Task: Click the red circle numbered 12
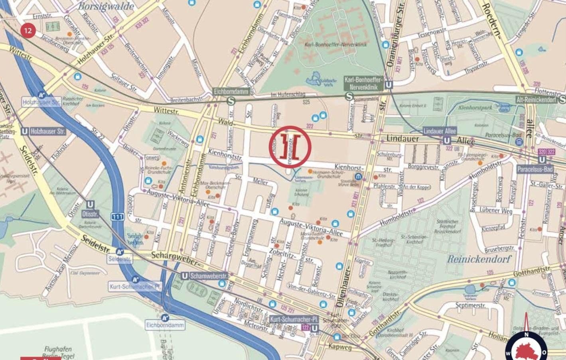[28, 30]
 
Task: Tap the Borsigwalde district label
[100, 6]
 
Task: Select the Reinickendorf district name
[479, 259]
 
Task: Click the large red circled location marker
[290, 146]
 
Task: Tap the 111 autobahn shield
[117, 217]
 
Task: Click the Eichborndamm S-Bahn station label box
[231, 92]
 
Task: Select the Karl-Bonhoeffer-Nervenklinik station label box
[363, 83]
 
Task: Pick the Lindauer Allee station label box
[440, 131]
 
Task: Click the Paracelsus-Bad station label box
[535, 169]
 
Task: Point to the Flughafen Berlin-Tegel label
[58, 352]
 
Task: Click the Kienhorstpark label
[475, 108]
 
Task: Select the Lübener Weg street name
[496, 211]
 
